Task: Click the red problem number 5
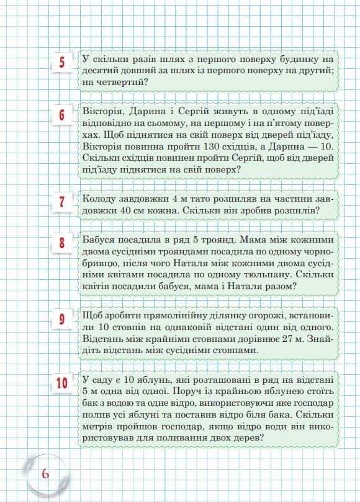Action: click(x=62, y=63)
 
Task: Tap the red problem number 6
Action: click(x=62, y=115)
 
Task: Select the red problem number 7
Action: click(x=62, y=202)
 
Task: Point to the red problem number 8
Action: click(x=62, y=243)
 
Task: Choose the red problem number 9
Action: click(x=62, y=320)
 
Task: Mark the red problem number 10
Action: click(x=62, y=383)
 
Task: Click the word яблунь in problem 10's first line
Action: click(x=174, y=379)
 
